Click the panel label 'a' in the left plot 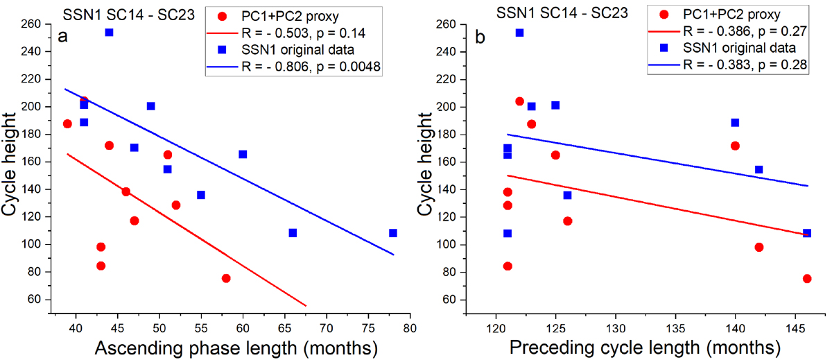click(x=62, y=37)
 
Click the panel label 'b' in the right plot click(x=480, y=37)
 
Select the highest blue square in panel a click(x=109, y=33)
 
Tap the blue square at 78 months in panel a click(x=393, y=233)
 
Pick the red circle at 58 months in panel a click(x=226, y=278)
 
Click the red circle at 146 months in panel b click(x=807, y=279)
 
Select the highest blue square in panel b click(x=519, y=33)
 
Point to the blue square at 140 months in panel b click(x=735, y=123)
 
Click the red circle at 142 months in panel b click(x=759, y=247)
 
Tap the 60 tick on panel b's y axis click(x=459, y=300)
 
